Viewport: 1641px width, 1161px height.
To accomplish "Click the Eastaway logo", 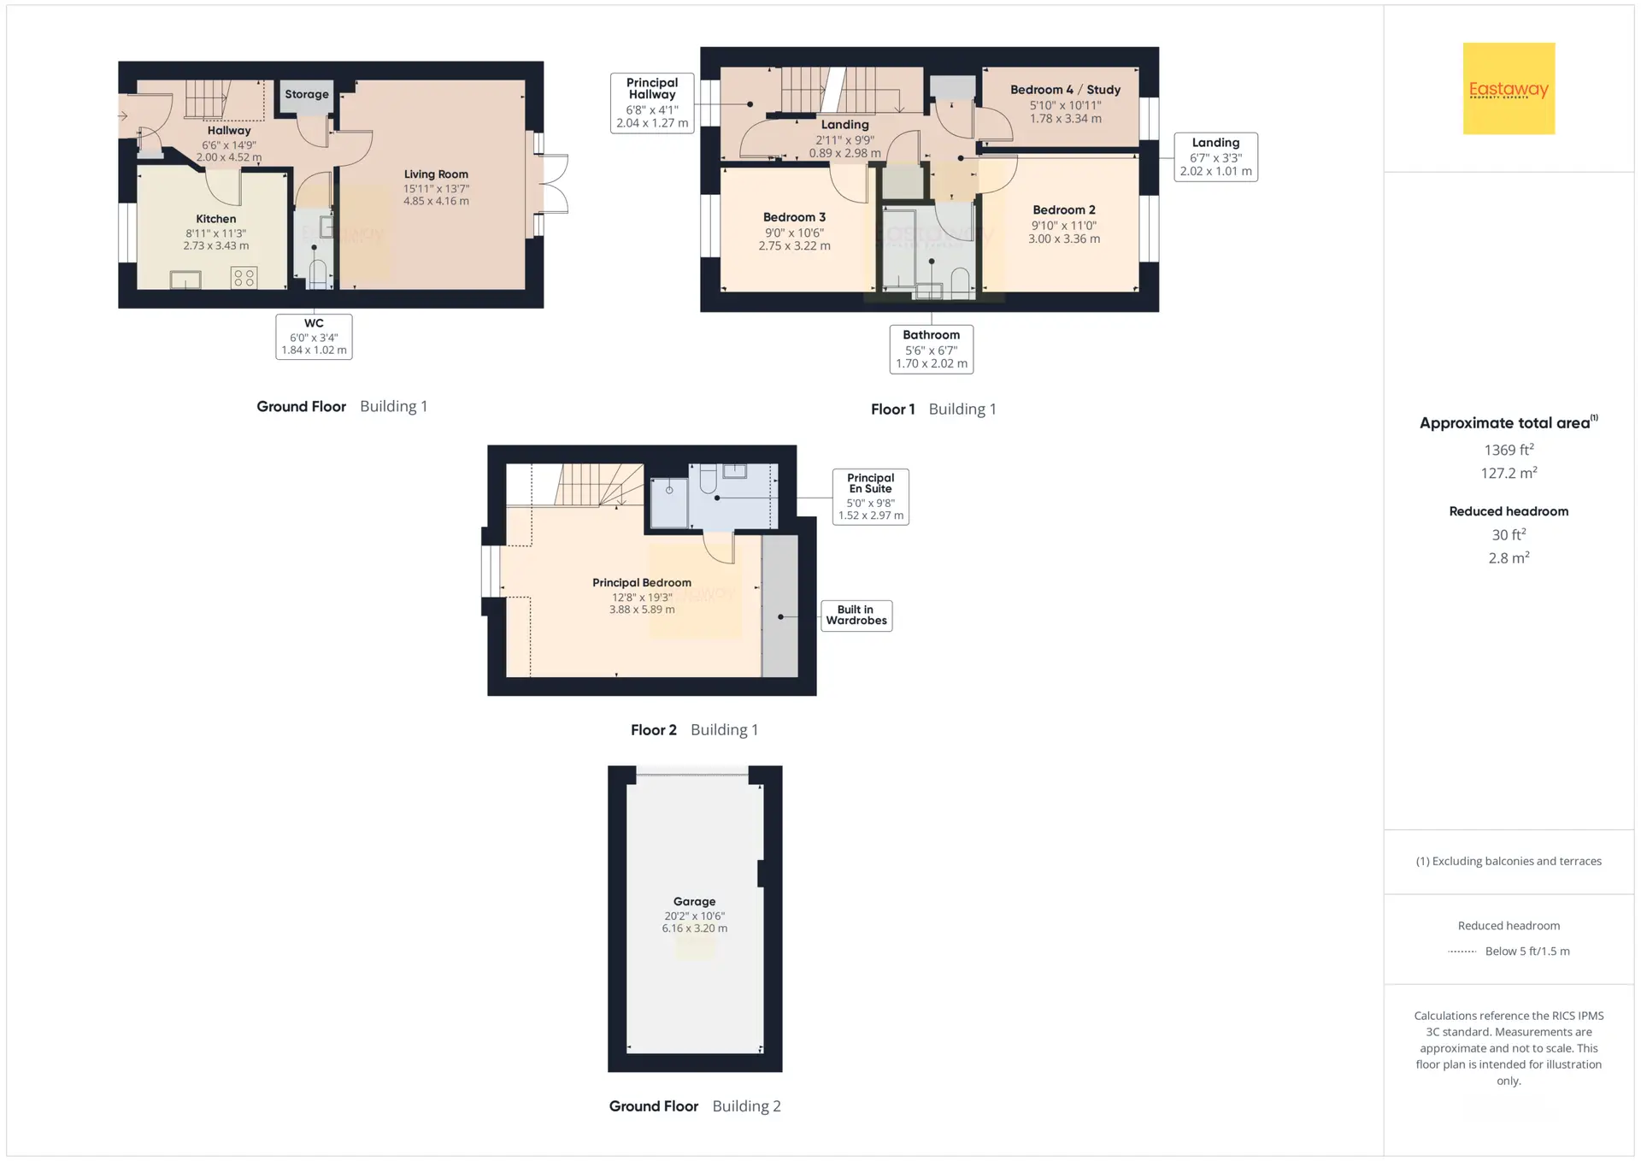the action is (1509, 89).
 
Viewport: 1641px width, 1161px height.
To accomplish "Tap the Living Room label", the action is (436, 174).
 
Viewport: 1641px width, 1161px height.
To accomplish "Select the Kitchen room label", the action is (216, 219).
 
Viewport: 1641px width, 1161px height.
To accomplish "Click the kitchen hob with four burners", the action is (244, 277).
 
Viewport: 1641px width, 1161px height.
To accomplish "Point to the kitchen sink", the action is (185, 280).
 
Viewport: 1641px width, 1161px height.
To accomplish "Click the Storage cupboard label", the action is (307, 94).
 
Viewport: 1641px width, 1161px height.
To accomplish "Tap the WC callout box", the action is (314, 336).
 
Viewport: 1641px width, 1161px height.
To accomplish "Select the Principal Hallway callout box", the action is (652, 103).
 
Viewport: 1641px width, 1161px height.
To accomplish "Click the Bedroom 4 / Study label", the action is (1065, 90).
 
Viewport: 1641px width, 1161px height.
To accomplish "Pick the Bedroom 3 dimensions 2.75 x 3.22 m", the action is (794, 246).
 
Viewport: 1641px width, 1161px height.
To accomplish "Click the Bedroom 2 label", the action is (1064, 210).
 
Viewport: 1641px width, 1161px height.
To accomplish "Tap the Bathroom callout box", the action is (932, 349).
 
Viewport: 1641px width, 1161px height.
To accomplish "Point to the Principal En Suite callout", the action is (871, 497).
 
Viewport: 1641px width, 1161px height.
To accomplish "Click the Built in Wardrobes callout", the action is (856, 616).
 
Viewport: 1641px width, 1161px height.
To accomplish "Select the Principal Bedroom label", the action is (642, 583).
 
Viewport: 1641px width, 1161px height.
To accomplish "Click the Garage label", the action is (694, 901).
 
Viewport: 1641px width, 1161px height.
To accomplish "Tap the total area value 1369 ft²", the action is (1509, 450).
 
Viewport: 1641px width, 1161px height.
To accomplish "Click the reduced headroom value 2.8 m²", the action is (1509, 557).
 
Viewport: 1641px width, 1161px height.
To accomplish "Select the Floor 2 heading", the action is (654, 730).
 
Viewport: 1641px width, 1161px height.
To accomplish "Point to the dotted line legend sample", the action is (1462, 952).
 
